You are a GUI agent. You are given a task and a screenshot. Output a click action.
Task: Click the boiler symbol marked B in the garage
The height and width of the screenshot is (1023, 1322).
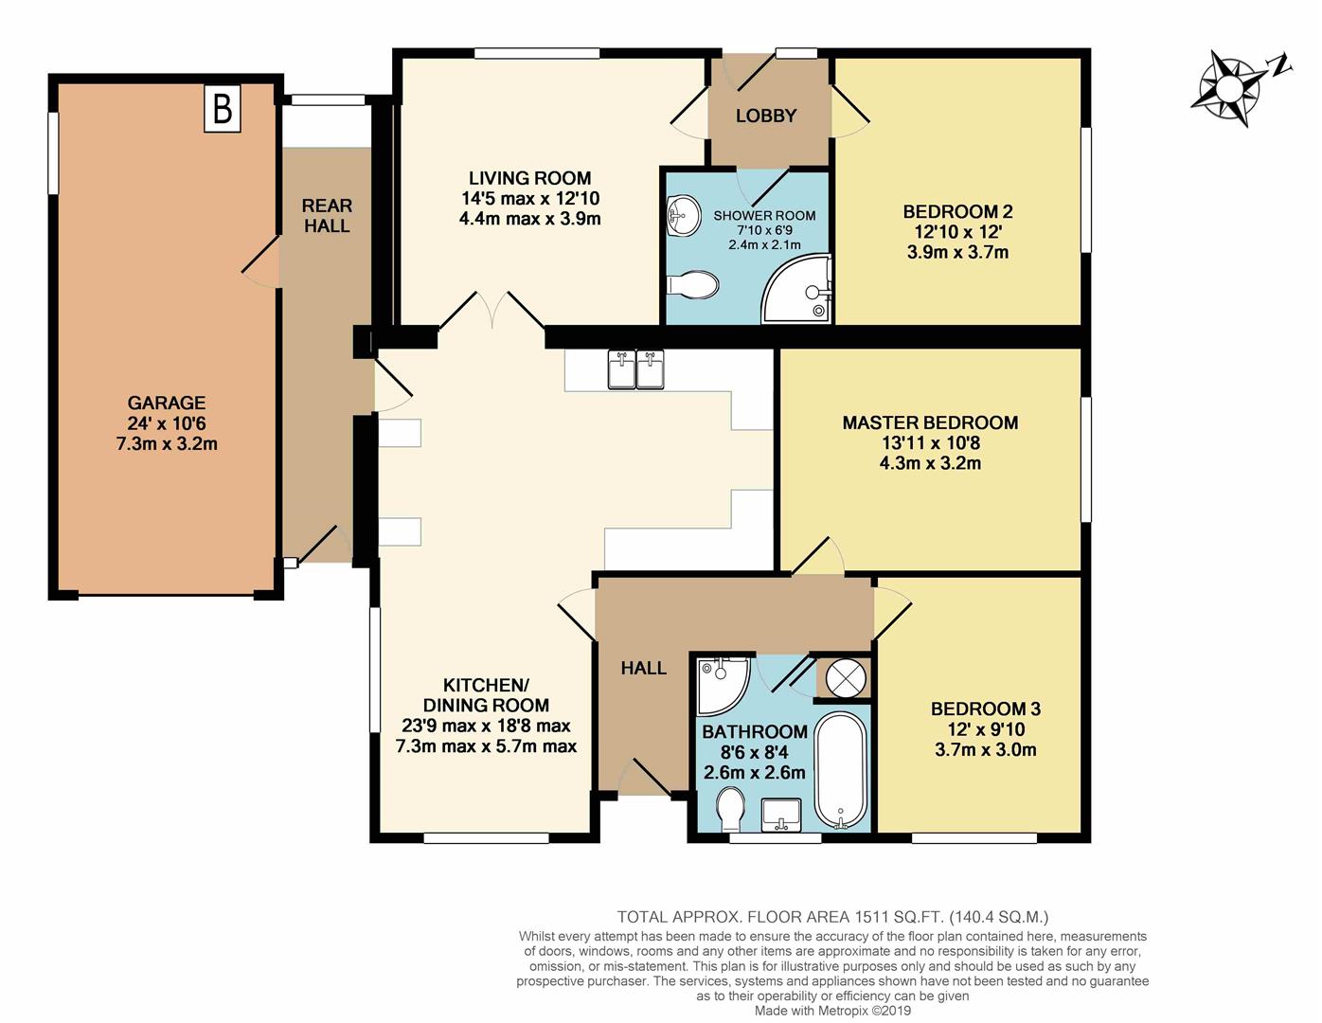pyautogui.click(x=222, y=108)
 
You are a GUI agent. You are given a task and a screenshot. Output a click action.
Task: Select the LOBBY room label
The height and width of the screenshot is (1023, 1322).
pyautogui.click(x=765, y=116)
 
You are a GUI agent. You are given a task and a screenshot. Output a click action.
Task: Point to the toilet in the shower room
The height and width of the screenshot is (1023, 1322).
pyautogui.click(x=692, y=284)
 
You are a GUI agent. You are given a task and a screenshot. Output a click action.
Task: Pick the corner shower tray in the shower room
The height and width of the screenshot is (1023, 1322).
pyautogui.click(x=796, y=288)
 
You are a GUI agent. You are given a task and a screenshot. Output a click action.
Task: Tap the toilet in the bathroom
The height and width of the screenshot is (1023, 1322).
pyautogui.click(x=730, y=809)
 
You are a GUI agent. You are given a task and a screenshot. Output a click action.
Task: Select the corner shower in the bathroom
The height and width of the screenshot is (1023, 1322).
pyautogui.click(x=723, y=686)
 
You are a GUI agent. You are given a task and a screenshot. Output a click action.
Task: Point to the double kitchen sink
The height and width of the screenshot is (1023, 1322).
pyautogui.click(x=635, y=368)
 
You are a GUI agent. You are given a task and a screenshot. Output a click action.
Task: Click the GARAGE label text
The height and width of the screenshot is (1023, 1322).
pyautogui.click(x=166, y=403)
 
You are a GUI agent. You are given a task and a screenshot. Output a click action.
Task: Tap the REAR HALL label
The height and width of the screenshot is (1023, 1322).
pyautogui.click(x=327, y=215)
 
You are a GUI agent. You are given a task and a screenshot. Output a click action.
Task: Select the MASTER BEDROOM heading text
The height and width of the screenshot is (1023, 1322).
pyautogui.click(x=930, y=423)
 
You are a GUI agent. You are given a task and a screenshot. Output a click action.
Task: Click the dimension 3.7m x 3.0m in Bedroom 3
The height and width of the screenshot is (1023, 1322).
pyautogui.click(x=986, y=750)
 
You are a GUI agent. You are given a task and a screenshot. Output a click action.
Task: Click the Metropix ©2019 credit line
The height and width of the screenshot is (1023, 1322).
pyautogui.click(x=832, y=1011)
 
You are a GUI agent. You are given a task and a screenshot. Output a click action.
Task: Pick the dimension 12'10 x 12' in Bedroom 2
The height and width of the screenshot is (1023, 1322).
pyautogui.click(x=957, y=232)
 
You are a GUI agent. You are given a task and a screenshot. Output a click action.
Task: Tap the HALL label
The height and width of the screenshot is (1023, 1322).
pyautogui.click(x=644, y=668)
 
